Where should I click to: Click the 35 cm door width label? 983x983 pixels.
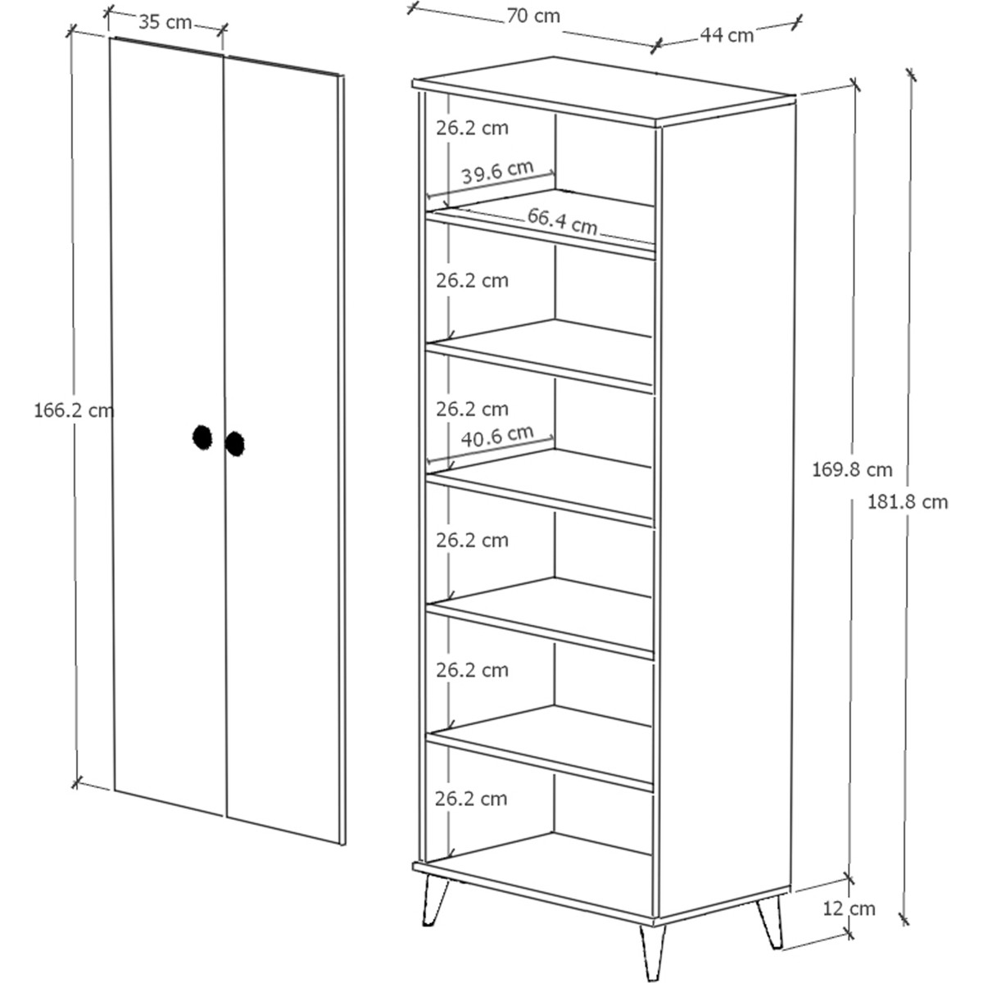pyautogui.click(x=165, y=22)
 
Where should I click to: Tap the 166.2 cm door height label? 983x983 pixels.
pyautogui.click(x=74, y=410)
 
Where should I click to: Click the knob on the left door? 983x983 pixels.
pyautogui.click(x=202, y=437)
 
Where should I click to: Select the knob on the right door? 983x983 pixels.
pyautogui.click(x=234, y=444)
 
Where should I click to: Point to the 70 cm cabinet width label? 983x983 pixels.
pyautogui.click(x=533, y=16)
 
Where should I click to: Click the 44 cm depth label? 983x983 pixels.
pyautogui.click(x=727, y=34)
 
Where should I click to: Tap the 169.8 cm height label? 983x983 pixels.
pyautogui.click(x=852, y=469)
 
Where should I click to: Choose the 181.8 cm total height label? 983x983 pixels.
pyautogui.click(x=908, y=502)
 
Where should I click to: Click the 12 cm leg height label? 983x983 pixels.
pyautogui.click(x=849, y=908)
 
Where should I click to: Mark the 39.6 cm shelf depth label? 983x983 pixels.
pyautogui.click(x=497, y=171)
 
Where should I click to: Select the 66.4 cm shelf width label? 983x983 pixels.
pyautogui.click(x=562, y=221)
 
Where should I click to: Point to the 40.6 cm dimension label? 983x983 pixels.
pyautogui.click(x=497, y=436)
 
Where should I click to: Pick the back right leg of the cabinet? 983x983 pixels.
pyautogui.click(x=770, y=922)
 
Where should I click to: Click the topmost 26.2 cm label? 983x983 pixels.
pyautogui.click(x=472, y=128)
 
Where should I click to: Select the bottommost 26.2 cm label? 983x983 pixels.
pyautogui.click(x=471, y=799)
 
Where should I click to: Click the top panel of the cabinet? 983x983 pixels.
pyautogui.click(x=604, y=91)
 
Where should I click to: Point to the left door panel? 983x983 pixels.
pyautogui.click(x=169, y=426)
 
